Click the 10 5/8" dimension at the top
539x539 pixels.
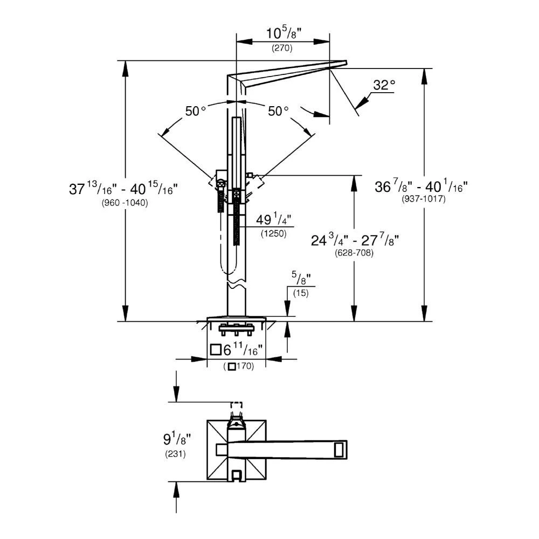click(283, 33)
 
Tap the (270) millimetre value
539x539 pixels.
click(281, 49)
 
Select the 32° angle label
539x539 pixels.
click(384, 85)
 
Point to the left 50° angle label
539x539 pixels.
click(196, 112)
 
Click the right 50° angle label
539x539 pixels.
click(279, 112)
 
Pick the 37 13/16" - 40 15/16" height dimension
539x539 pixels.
click(123, 189)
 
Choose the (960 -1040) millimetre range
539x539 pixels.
click(125, 203)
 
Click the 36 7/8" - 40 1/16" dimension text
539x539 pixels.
click(421, 186)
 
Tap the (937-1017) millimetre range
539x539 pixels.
click(423, 198)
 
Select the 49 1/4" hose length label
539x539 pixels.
click(274, 221)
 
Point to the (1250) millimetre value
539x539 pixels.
click(273, 233)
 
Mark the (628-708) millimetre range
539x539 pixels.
click(354, 253)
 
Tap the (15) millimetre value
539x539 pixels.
click(300, 292)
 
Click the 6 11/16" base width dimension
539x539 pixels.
click(237, 350)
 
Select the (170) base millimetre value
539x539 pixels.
click(238, 367)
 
